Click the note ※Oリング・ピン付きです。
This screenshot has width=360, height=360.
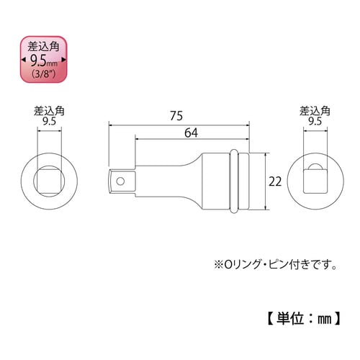click(x=274, y=264)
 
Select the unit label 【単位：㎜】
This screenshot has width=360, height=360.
click(x=305, y=315)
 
